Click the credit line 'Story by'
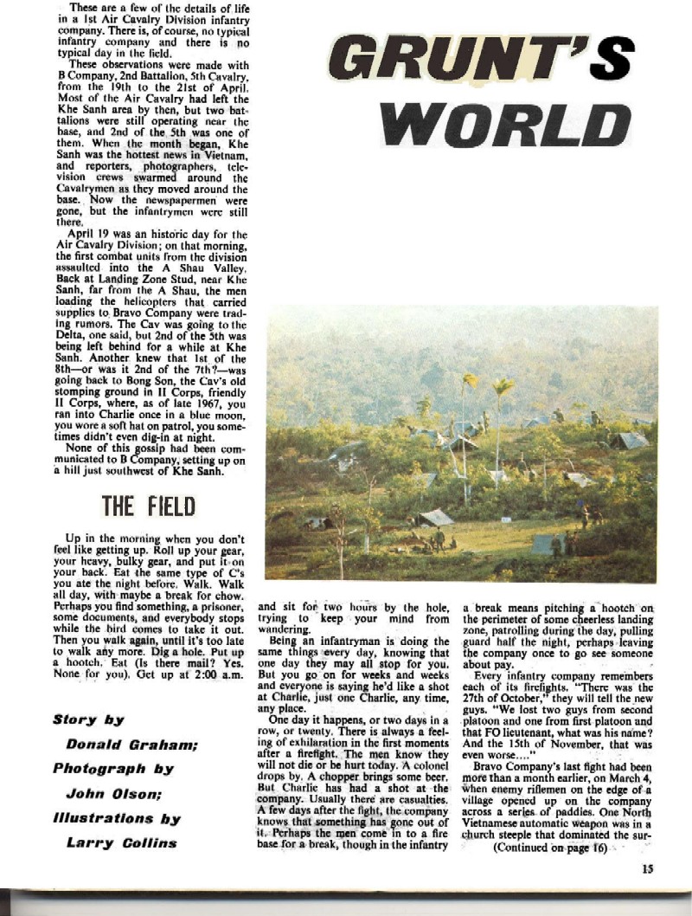click(x=88, y=719)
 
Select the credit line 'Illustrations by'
click(x=116, y=816)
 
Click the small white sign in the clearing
click(x=497, y=475)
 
